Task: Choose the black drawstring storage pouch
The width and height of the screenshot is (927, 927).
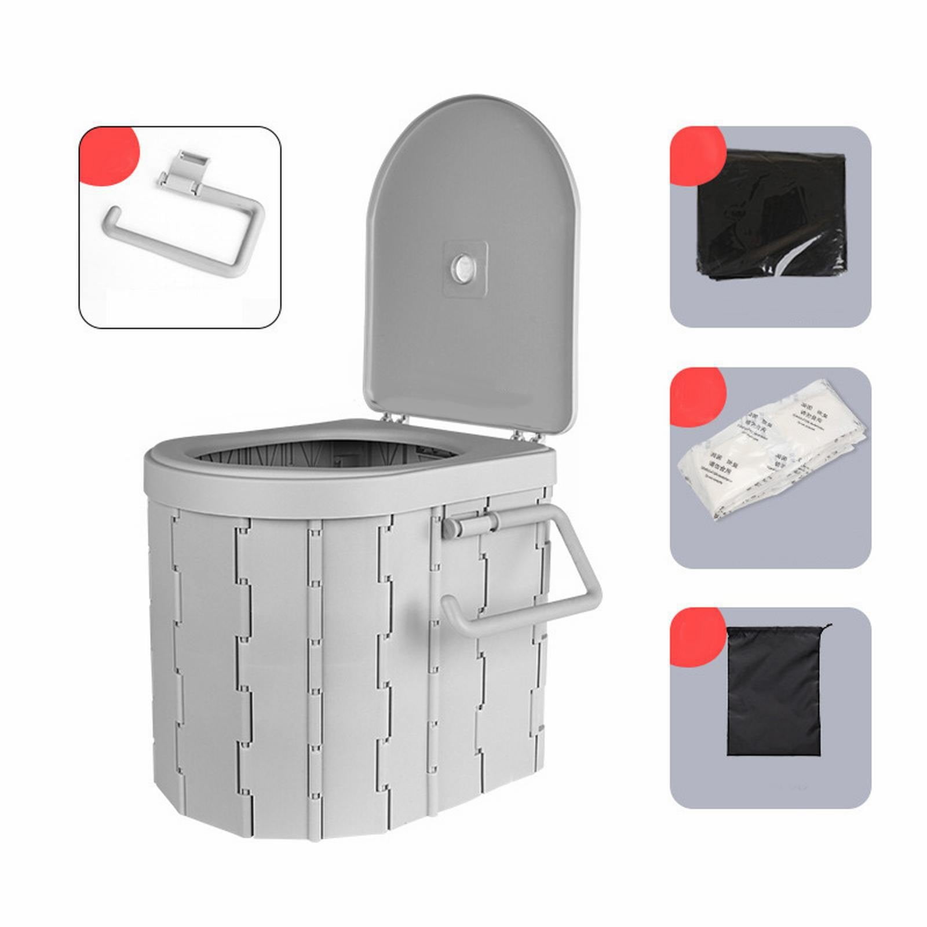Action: click(774, 692)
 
